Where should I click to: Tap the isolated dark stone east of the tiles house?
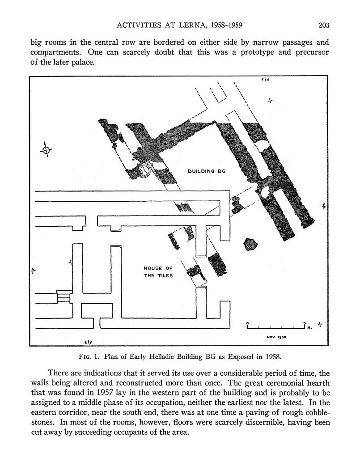(x=251, y=244)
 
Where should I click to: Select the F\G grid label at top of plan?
(x=265, y=80)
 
